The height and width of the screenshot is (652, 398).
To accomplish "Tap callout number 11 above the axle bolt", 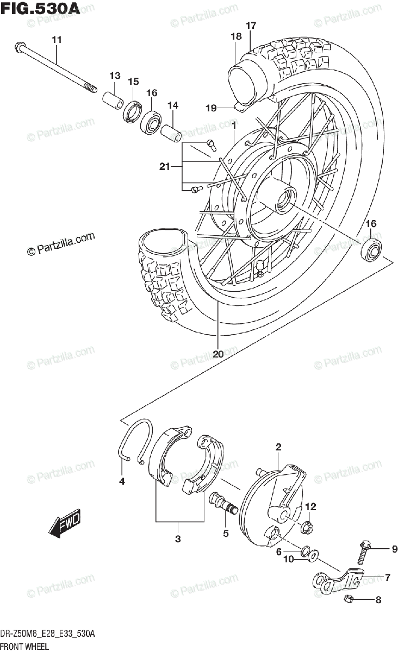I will pos(57,39).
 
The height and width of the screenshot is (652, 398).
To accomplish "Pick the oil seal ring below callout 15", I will pos(133,112).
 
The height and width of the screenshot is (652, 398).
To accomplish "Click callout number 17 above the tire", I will pos(250,26).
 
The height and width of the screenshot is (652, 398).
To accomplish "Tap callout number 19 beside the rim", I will pos(211,108).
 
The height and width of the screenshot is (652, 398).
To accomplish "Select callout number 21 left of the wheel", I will pos(165,167).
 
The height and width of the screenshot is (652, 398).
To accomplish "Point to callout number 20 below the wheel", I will pos(218,354).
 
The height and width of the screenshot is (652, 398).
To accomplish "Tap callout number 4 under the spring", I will pos(122,481).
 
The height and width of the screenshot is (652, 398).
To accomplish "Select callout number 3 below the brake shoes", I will pos(178,539).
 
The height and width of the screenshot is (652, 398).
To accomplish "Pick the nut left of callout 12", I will pos(306,526).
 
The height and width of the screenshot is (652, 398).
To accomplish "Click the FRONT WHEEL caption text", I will pos(25,646).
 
